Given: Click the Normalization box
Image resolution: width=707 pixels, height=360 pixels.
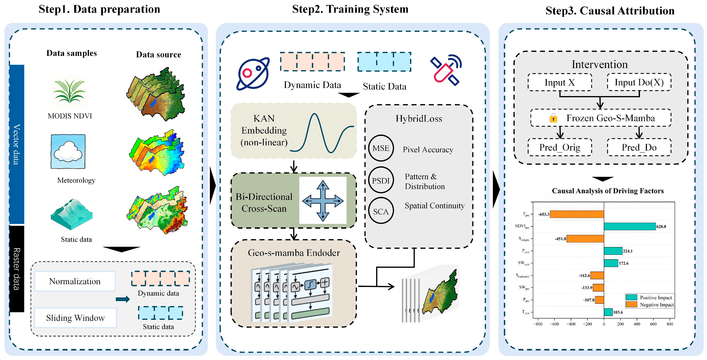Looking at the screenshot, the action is pyautogui.click(x=75, y=281).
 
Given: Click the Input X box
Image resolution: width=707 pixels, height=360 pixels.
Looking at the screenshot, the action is pyautogui.click(x=560, y=82).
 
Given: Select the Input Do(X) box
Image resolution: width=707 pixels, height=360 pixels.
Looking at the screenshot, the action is pyautogui.click(x=639, y=82).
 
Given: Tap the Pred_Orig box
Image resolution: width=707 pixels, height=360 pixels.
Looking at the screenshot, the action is pyautogui.click(x=560, y=147).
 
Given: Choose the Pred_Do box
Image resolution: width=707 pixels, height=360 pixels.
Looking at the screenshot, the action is pyautogui.click(x=639, y=147).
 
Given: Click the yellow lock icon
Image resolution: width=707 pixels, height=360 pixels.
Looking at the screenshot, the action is pyautogui.click(x=553, y=118).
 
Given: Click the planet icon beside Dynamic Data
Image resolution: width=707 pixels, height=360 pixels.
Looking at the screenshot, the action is pyautogui.click(x=253, y=74).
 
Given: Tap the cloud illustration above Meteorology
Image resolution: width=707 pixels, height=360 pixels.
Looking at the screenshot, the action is pyautogui.click(x=68, y=151).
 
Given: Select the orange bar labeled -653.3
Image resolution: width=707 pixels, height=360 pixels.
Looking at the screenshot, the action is pyautogui.click(x=577, y=214).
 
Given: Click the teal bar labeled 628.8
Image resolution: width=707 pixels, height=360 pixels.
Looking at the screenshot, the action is pyautogui.click(x=630, y=226).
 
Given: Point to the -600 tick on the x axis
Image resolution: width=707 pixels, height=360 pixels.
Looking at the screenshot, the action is pyautogui.click(x=554, y=324).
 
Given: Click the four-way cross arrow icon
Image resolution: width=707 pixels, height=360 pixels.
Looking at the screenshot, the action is pyautogui.click(x=323, y=201).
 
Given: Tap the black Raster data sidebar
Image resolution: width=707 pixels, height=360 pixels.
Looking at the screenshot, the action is pyautogui.click(x=17, y=269).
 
